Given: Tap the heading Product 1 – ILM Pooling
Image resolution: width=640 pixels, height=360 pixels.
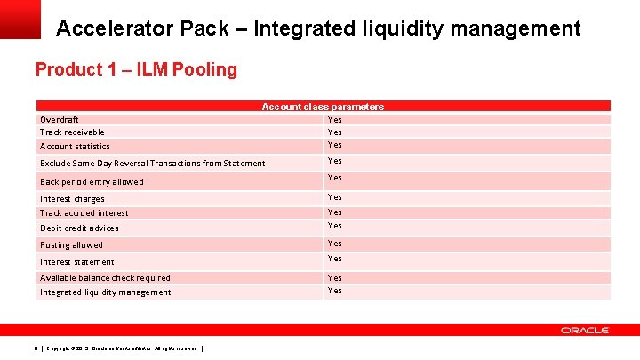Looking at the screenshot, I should pos(136,69).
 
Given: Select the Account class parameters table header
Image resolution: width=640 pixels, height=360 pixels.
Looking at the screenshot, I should pos(323,107).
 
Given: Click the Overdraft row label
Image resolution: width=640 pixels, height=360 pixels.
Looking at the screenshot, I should pos(59,119).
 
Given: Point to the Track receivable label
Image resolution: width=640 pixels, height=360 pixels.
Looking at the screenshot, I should pos(72,132).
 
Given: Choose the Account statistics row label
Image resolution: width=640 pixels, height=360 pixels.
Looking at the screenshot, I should pos(75,146).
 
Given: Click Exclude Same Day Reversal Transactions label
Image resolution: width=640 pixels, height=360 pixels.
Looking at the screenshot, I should pos(152,163).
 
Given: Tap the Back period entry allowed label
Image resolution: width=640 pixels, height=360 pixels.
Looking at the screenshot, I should pos(92,181).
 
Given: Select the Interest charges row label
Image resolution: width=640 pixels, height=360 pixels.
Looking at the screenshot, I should pos(72,199).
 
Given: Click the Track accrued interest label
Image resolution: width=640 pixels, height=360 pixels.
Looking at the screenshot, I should pos(84,213).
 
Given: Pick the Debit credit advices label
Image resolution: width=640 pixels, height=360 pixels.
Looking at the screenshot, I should pos(79,228).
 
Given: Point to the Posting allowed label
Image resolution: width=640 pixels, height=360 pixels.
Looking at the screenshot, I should pos(71,244).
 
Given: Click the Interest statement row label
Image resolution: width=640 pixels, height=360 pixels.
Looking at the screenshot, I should pos(76,261).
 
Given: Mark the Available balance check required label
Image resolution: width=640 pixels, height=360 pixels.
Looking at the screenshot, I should pos(105,277).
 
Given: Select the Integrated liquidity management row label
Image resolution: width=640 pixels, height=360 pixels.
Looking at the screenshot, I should pos(105,292).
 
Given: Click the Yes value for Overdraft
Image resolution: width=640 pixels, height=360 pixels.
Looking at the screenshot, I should pos(334,119).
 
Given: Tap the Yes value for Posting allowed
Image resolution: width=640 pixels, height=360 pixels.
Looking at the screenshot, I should pos(334,244).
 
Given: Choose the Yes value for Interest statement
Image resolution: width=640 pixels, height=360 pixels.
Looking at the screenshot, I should pos(334,259).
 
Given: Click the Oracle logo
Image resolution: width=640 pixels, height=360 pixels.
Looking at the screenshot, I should pos(585,330).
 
